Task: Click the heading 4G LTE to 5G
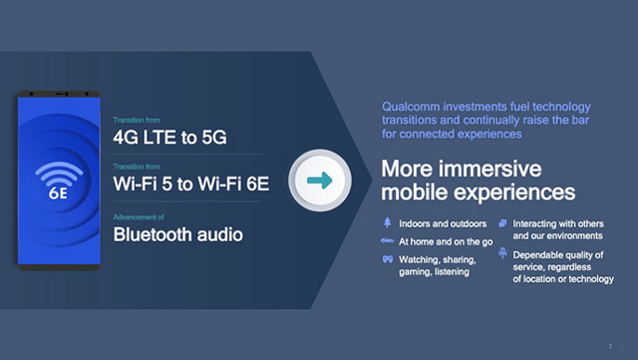coord(169,137)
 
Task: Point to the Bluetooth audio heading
coord(177,234)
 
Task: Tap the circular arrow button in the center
coord(321,180)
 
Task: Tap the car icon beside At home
coord(386,240)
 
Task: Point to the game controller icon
coord(386,259)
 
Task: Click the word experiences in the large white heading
coord(520,189)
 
